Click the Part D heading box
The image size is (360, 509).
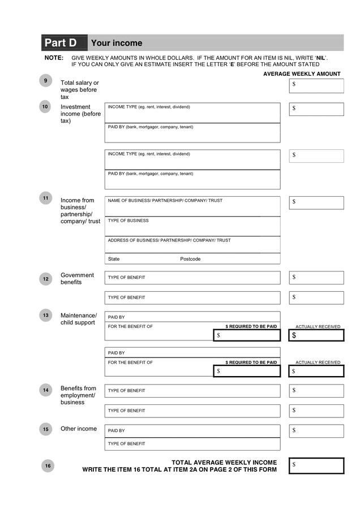64,43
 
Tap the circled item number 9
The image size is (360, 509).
46,81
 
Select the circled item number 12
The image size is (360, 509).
46,279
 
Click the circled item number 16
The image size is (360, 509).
48,465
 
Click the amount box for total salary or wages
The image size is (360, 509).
316,85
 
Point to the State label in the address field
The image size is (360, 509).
114,259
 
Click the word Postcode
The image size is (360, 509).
190,259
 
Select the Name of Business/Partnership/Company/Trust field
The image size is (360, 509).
192,206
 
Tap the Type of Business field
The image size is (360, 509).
192,226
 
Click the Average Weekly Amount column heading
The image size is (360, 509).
302,74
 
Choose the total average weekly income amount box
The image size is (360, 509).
316,465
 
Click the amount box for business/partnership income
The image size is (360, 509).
316,202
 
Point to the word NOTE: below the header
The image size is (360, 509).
54,58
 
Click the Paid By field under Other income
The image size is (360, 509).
192,430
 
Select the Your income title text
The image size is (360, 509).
117,43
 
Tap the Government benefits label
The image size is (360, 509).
77,278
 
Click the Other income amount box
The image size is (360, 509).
316,431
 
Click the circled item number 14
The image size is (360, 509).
46,390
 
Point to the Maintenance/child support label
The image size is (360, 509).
79,319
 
